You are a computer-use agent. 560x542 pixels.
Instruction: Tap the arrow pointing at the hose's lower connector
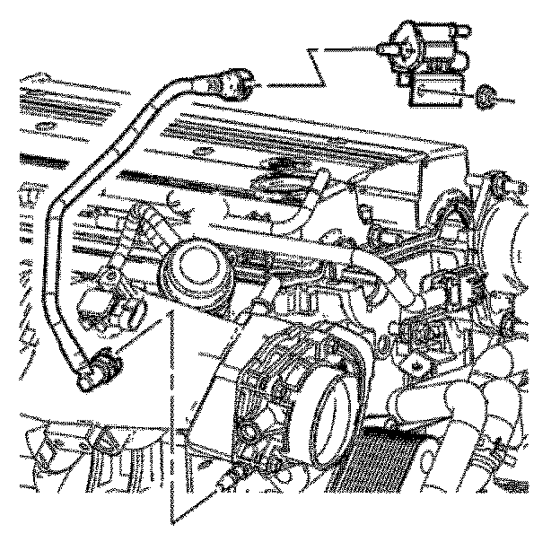(x=135, y=337)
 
